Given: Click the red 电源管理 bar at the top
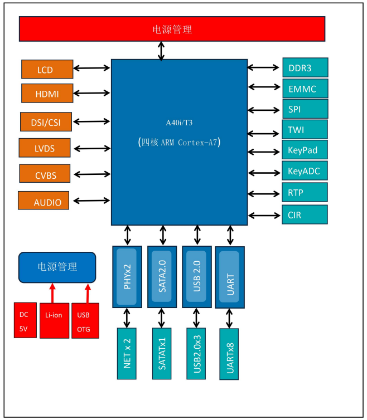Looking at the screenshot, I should click(x=172, y=29).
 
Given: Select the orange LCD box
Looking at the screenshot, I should click(x=47, y=70).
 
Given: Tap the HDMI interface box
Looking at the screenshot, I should click(x=47, y=94).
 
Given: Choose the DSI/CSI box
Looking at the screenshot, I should click(x=46, y=121).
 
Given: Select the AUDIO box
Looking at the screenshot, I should click(x=44, y=202).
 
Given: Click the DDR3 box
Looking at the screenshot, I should click(x=305, y=68).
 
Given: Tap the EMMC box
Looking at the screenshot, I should click(x=305, y=89).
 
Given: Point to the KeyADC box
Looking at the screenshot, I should click(x=305, y=171).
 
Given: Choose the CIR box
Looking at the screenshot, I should click(x=305, y=214).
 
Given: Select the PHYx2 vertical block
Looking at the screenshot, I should click(x=127, y=276).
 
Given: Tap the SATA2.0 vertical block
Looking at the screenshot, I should click(x=162, y=276).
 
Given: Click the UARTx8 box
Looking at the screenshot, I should click(x=229, y=354).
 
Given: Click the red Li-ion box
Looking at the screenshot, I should click(x=54, y=321).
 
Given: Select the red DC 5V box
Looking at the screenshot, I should click(x=25, y=321).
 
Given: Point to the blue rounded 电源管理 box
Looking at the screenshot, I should click(x=57, y=267).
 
